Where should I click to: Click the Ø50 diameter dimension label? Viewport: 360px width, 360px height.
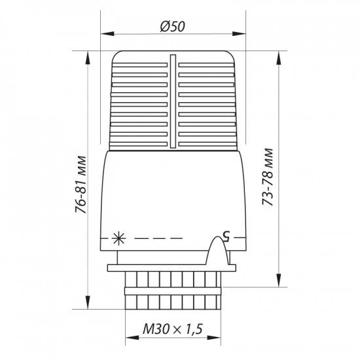click(173, 26)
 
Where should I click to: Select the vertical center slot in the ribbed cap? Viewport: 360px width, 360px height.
click(173, 101)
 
